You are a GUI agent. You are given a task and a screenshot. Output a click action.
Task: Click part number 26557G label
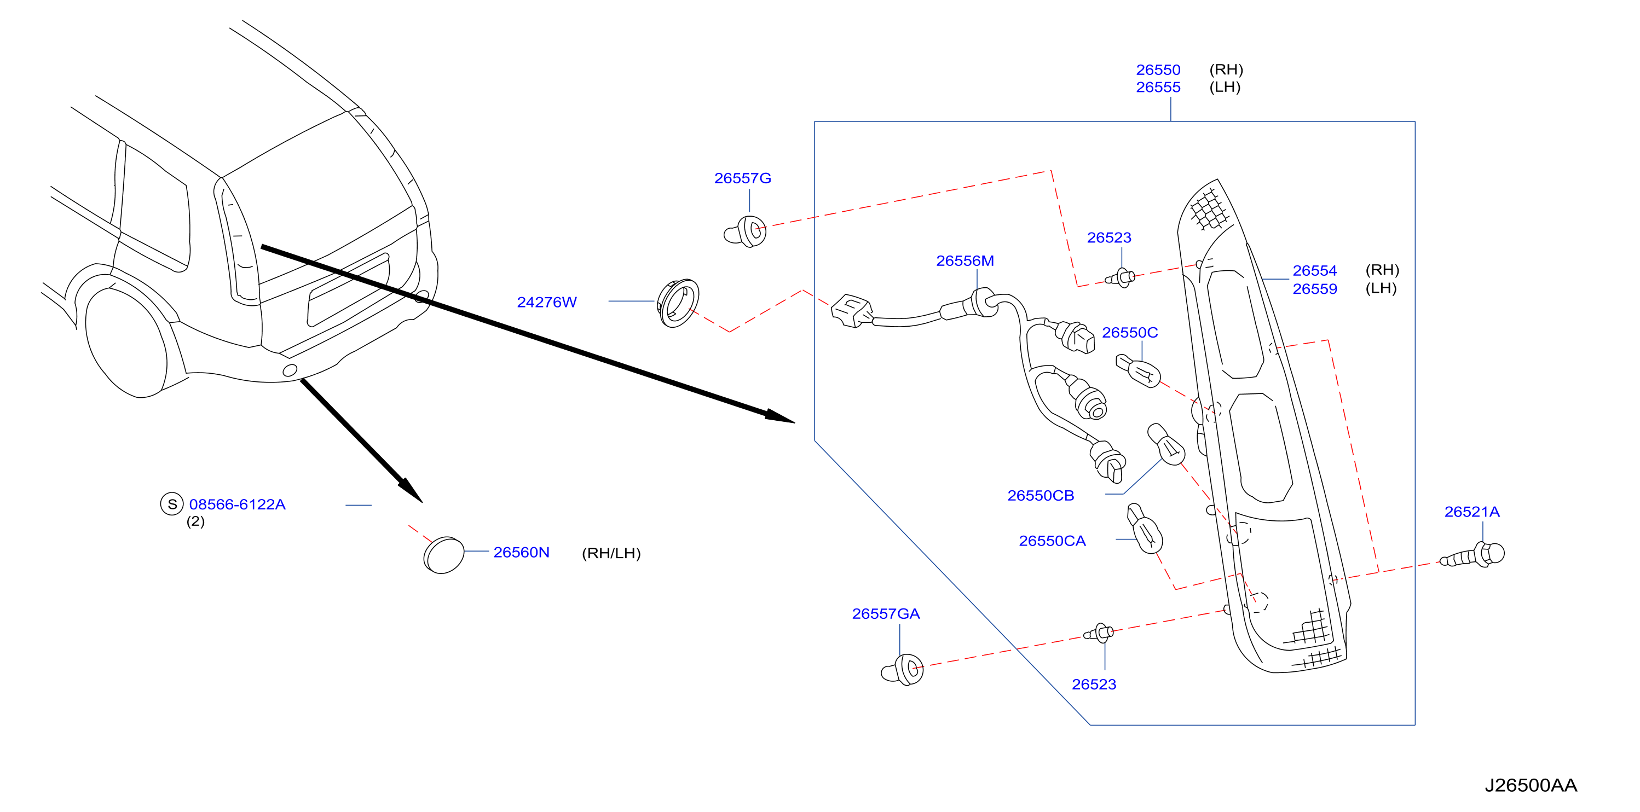(742, 178)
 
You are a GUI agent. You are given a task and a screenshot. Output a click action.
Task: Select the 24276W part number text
(547, 302)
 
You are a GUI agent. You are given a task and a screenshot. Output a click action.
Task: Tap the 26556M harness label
(965, 261)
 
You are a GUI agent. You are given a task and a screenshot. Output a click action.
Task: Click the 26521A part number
(1471, 512)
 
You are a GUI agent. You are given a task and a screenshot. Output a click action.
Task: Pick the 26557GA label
(886, 613)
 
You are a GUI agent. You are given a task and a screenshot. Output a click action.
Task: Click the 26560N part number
(522, 552)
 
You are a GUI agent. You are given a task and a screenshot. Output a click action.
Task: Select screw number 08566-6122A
(238, 504)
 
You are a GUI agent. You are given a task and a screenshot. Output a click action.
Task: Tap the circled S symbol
(172, 504)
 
